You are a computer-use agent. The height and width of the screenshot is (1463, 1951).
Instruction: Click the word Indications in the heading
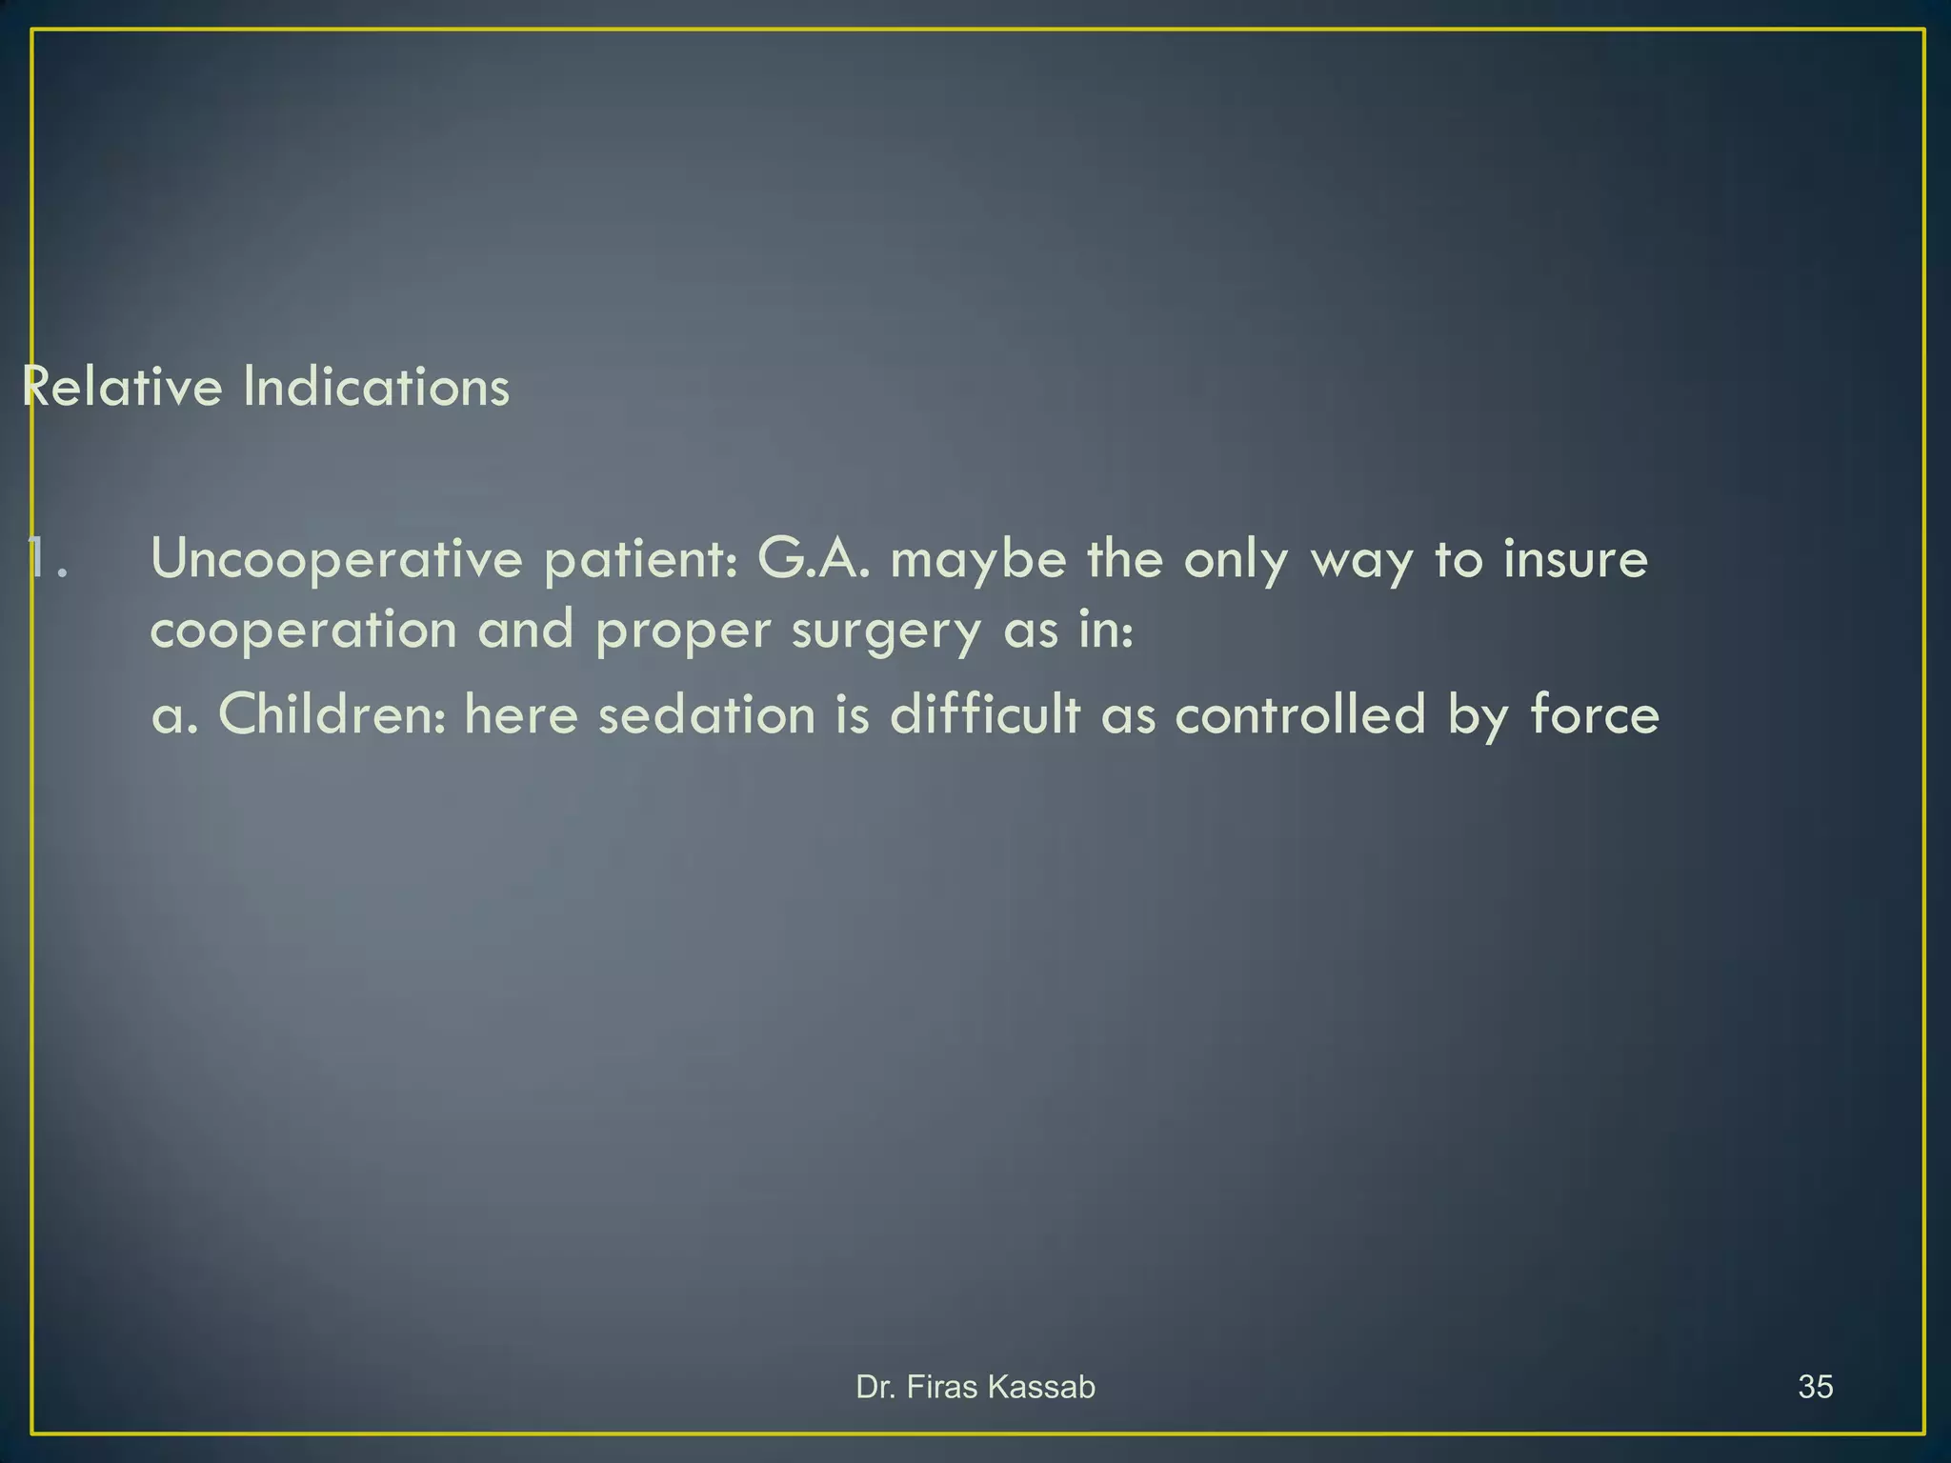coord(376,387)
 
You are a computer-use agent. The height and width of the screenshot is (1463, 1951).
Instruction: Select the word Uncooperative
coord(336,559)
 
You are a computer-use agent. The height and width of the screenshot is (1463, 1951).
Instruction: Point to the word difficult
coord(985,714)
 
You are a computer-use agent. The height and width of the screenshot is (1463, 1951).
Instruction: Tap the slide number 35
coord(1816,1387)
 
